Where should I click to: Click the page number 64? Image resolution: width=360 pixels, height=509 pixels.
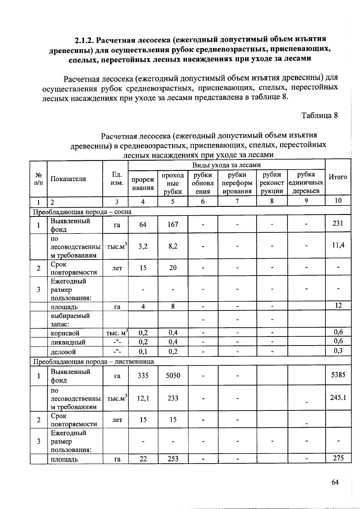(335, 482)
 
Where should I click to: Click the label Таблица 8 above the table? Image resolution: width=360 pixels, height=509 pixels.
(319, 116)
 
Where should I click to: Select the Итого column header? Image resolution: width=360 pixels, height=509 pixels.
(338, 177)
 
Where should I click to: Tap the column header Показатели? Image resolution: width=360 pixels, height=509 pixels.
(68, 179)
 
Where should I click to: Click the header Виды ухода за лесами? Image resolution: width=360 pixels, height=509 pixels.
(226, 165)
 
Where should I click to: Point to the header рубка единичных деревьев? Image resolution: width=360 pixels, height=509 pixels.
(306, 183)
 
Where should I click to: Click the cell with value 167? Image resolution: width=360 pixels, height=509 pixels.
(173, 224)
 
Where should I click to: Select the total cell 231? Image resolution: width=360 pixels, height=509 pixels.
(338, 223)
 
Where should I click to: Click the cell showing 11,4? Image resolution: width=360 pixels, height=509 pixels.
(338, 245)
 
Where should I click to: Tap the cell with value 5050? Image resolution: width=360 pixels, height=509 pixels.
(173, 375)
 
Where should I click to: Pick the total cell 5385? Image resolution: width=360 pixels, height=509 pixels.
(338, 374)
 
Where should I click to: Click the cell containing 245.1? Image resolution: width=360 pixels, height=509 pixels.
(338, 397)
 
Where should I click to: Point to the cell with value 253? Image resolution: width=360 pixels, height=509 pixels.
(173, 459)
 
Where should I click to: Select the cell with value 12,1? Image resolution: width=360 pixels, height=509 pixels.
(143, 398)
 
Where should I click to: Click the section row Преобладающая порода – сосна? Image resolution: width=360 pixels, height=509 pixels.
(82, 212)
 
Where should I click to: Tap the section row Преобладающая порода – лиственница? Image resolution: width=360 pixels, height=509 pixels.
(93, 362)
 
